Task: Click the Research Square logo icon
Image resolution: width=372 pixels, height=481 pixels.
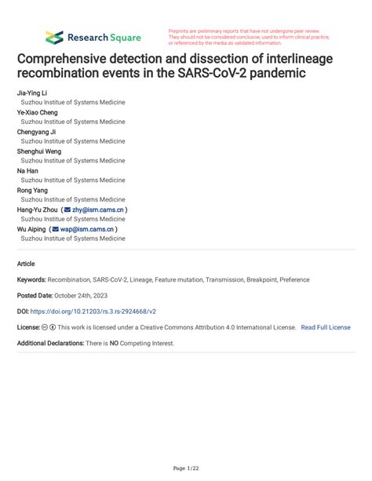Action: [53, 37]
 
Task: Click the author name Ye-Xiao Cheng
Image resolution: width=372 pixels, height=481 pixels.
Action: [38, 112]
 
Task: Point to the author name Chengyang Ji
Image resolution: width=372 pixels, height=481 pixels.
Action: [37, 132]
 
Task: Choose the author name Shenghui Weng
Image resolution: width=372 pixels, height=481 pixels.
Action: [39, 151]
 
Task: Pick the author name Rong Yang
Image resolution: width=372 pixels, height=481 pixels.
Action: [33, 190]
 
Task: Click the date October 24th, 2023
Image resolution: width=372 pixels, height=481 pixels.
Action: [84, 295]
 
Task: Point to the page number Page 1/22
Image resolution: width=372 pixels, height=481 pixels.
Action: [186, 468]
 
